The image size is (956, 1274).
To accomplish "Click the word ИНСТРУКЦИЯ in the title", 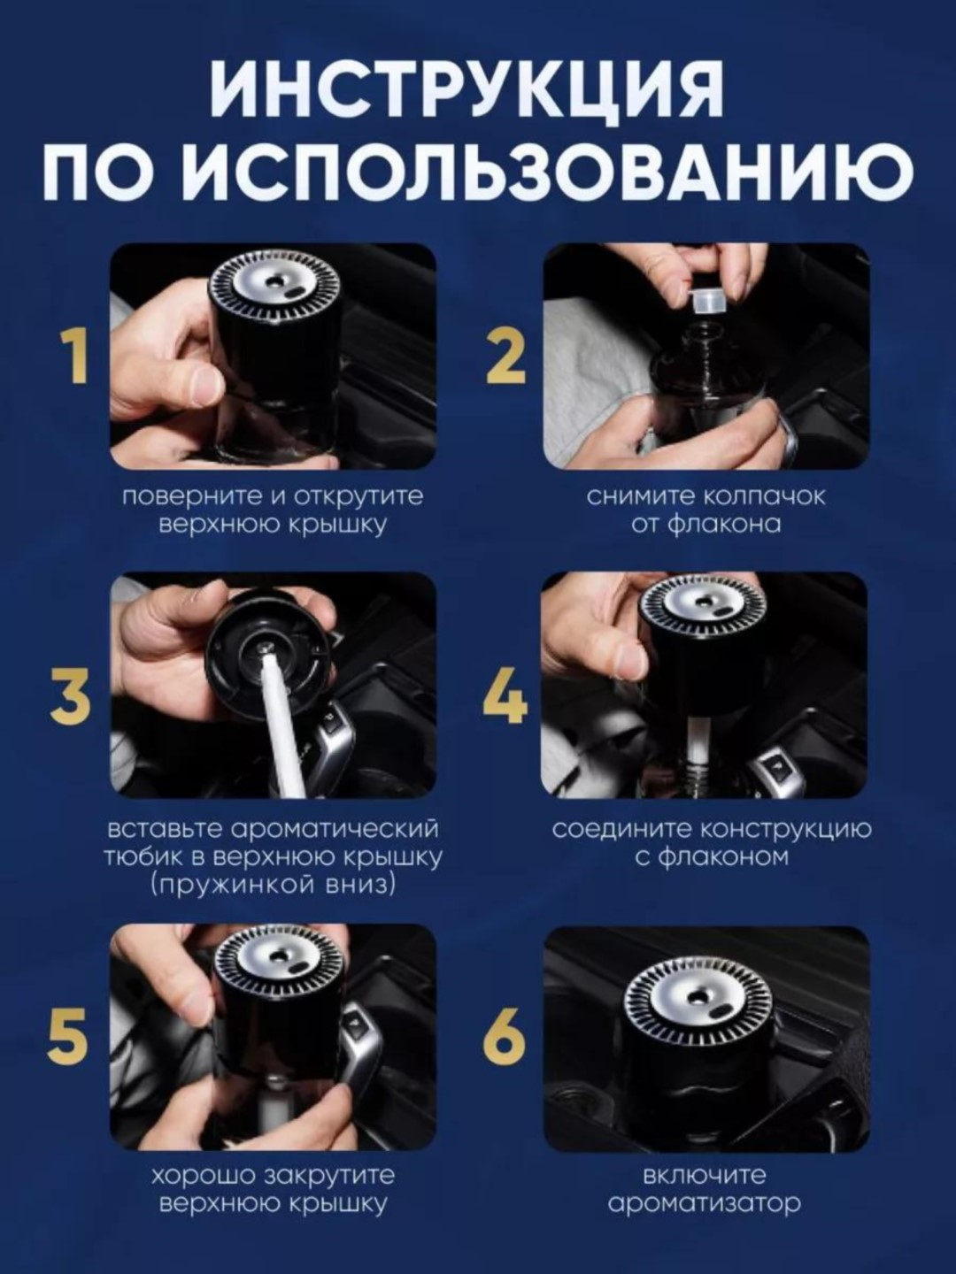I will [x=467, y=89].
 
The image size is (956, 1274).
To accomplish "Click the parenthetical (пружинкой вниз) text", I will [x=273, y=884].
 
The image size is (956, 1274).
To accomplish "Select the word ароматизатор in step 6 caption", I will [x=705, y=1203].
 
